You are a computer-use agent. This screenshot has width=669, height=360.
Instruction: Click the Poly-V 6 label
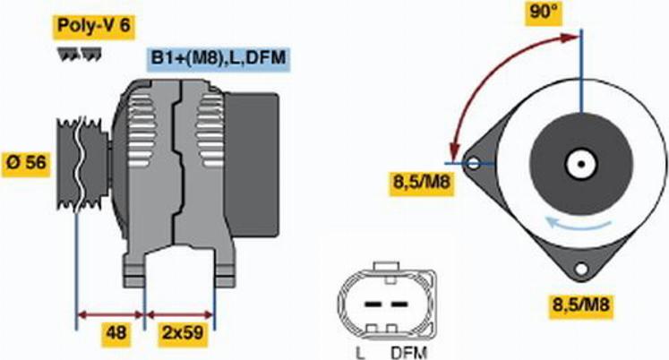pos(93,27)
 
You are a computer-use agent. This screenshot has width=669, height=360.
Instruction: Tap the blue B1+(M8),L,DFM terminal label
pos(219,57)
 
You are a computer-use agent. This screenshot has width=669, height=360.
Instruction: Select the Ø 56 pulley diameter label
pos(27,163)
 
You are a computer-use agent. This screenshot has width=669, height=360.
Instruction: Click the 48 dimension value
pos(116,333)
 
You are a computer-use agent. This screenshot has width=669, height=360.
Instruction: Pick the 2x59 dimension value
pos(183,333)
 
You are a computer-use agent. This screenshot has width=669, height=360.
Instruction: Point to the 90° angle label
pos(544,13)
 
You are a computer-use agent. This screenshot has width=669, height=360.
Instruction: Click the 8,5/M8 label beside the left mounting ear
pos(422,183)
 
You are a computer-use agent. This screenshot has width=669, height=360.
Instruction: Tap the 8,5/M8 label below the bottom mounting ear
pos(581,305)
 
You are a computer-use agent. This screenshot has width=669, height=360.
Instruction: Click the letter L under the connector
pos(360,352)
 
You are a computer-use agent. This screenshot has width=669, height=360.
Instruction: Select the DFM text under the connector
pos(408,352)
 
